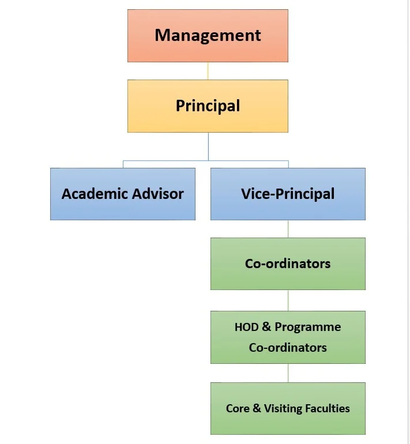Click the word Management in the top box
(x=208, y=35)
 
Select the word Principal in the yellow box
(x=208, y=106)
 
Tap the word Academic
(x=95, y=194)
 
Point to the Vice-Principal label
(x=288, y=194)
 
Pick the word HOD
(x=246, y=328)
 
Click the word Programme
(x=307, y=328)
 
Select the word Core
(x=238, y=408)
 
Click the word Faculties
(x=328, y=408)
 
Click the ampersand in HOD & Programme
(x=266, y=328)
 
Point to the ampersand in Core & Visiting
(x=257, y=408)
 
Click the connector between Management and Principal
(x=208, y=71)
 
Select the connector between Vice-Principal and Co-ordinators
(x=288, y=229)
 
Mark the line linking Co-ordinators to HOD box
(x=288, y=300)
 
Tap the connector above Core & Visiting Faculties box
(x=288, y=373)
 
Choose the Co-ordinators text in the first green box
(x=288, y=264)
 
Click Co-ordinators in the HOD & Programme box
(x=288, y=348)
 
